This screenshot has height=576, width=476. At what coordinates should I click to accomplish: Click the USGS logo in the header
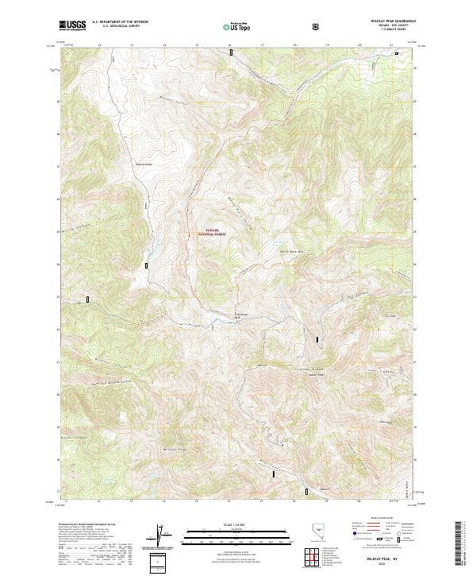click(x=73, y=26)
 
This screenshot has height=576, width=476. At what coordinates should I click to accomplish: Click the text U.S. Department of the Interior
click(x=121, y=22)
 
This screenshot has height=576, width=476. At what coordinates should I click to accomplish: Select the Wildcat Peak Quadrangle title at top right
click(x=389, y=22)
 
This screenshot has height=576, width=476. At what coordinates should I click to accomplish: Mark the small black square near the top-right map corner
click(x=397, y=52)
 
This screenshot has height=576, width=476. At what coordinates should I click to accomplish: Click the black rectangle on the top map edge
click(x=231, y=52)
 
